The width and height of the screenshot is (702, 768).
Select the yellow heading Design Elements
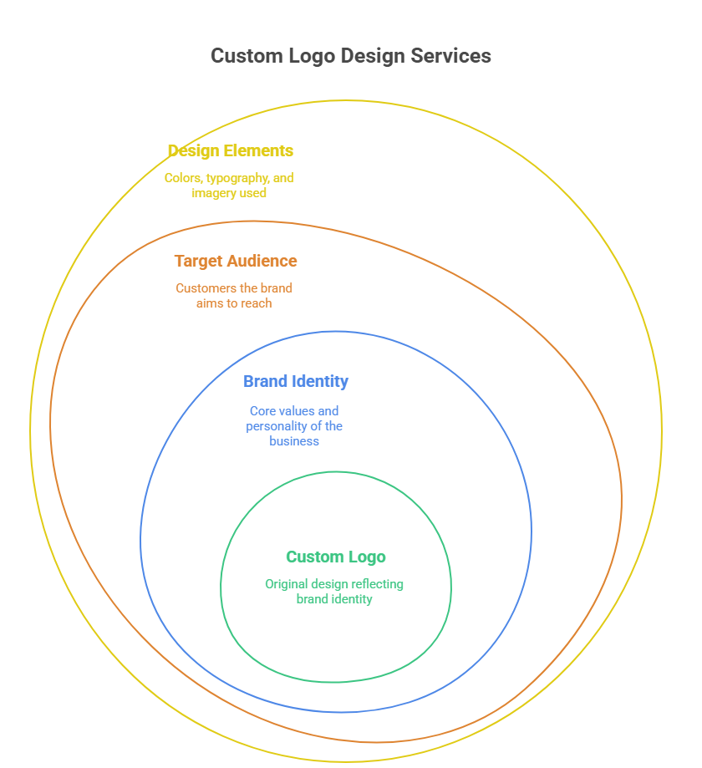tap(230, 151)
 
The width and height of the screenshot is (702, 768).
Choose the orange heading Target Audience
tap(235, 262)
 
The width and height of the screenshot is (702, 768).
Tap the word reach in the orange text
tap(256, 303)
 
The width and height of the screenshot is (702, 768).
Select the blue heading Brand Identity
tap(295, 382)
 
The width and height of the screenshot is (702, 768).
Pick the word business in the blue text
tap(294, 441)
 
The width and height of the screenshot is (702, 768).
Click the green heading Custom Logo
tap(335, 557)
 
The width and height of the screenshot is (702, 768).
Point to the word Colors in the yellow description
tap(183, 178)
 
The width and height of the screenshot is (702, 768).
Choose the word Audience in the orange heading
tap(263, 262)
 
